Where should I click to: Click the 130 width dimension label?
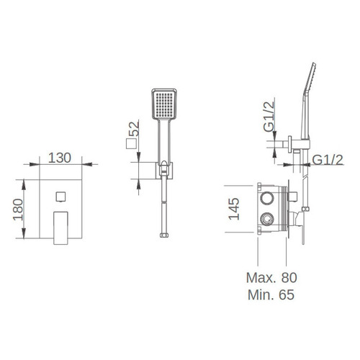60,158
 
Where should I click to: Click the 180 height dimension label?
18,210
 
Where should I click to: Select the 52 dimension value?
134,129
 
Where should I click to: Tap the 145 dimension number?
234,209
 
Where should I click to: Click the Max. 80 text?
271,278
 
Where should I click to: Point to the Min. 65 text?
271,294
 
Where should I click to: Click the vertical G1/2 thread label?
269,117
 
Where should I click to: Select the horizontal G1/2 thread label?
328,160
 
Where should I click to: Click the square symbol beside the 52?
131,143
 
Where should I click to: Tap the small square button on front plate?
61,197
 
